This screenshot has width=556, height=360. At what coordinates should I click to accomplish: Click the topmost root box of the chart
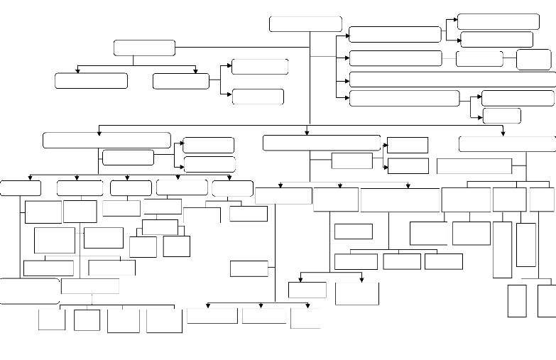point(305,23)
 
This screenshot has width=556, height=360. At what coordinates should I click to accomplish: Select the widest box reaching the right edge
point(452,79)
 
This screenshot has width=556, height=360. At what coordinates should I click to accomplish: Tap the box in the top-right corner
point(498,21)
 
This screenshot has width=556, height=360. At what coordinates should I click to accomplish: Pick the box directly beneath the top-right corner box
point(496,39)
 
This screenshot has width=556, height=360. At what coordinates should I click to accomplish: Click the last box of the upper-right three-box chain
point(533,59)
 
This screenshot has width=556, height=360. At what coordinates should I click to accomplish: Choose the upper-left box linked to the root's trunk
point(144,48)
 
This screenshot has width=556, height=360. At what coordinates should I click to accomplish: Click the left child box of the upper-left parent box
point(91,80)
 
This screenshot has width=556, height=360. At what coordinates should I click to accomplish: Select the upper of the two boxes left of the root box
point(260,67)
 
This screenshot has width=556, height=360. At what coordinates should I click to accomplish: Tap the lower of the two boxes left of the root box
point(258,97)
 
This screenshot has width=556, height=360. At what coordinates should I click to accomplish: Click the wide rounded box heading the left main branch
point(107,140)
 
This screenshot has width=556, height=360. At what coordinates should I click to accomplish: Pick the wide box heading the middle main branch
point(322,142)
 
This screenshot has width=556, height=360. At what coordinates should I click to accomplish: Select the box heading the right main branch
point(507,143)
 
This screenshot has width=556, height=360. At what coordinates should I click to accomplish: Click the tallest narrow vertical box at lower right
point(502,249)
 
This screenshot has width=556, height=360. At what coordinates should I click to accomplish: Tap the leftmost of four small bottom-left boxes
point(52,320)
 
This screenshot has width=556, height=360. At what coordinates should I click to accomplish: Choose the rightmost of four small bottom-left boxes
point(164,320)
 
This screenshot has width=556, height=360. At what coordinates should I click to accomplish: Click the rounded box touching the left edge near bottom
point(29,291)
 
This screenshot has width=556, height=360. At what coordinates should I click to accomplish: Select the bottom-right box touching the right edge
point(546,300)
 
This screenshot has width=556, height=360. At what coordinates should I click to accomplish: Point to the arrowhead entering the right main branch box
point(503,133)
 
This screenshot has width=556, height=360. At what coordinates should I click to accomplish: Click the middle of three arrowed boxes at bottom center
point(264,315)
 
